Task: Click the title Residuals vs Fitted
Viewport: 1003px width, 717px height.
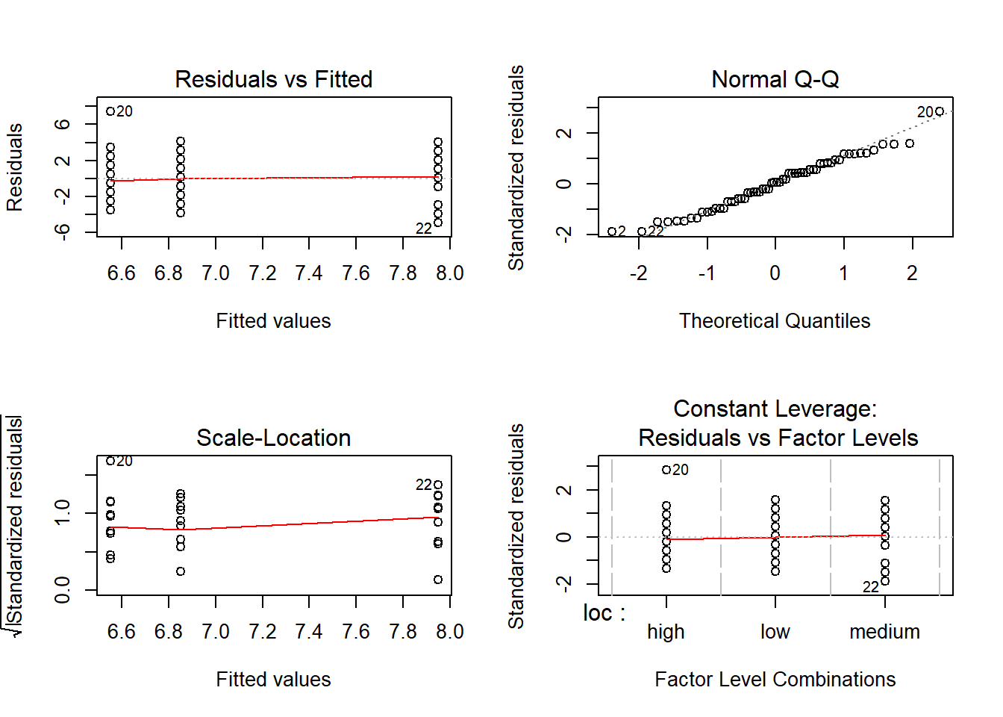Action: pos(273,79)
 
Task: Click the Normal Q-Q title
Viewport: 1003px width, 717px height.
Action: pos(775,79)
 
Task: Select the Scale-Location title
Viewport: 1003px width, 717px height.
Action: pos(273,438)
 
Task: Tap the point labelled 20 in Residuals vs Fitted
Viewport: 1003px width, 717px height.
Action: pos(110,111)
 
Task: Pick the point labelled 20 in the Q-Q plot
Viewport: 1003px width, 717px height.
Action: pos(940,111)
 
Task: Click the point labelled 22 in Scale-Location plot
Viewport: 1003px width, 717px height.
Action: pos(438,485)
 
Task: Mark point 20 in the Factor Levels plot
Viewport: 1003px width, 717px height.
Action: pos(666,470)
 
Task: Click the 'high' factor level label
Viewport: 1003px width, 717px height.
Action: pos(666,632)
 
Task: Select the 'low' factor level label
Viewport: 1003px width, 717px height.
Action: pos(775,632)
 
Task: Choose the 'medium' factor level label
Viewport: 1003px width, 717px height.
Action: pos(884,632)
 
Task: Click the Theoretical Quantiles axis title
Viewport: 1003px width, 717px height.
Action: pos(775,321)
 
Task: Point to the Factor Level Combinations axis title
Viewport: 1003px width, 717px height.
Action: pos(775,680)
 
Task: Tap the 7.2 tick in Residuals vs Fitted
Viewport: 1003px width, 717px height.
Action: pos(263,273)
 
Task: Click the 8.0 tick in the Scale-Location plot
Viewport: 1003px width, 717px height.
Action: pos(449,632)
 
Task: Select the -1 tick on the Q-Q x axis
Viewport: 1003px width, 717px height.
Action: pos(707,273)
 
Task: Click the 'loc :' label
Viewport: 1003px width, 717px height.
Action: pos(604,613)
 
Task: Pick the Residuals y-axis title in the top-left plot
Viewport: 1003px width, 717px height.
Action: pos(15,167)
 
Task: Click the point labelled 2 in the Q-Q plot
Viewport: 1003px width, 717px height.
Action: pos(612,232)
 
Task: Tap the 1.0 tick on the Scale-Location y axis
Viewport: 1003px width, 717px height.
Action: pos(63,513)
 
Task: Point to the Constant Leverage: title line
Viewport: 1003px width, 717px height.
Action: pos(775,409)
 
